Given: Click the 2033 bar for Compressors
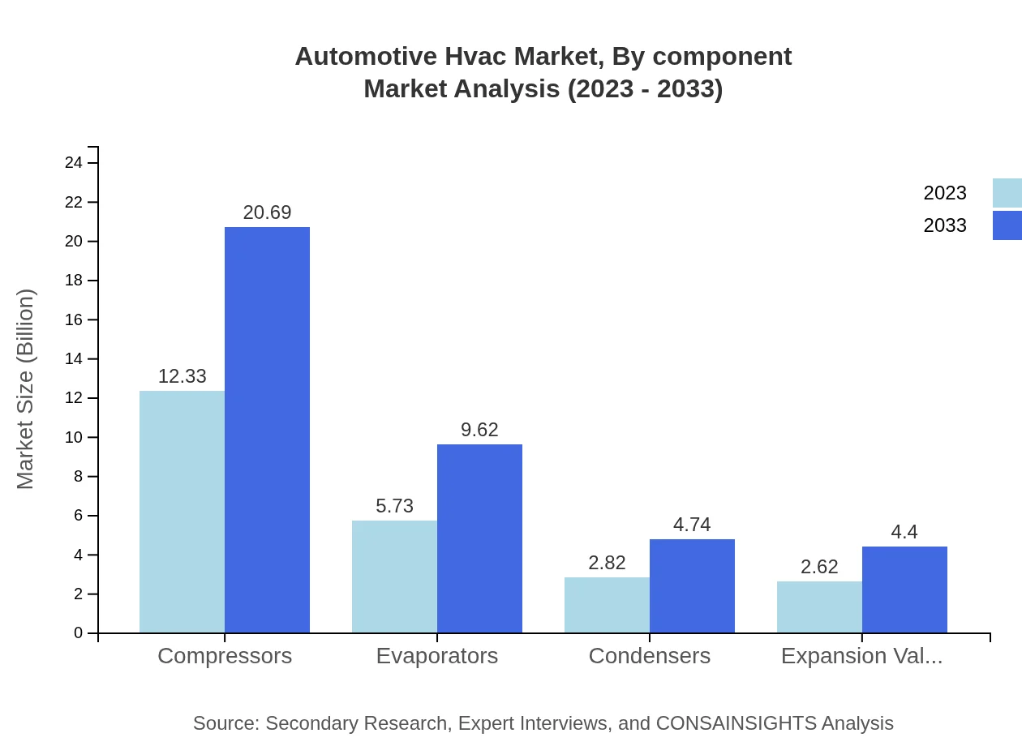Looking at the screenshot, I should (x=267, y=430).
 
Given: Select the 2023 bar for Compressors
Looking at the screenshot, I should (x=182, y=512).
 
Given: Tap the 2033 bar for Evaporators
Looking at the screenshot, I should (x=479, y=538).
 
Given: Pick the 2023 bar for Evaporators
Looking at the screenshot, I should (x=394, y=577).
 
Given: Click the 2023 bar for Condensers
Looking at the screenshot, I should (x=607, y=605).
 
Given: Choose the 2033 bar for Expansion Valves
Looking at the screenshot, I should (x=904, y=590).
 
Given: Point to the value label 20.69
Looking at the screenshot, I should (x=267, y=212).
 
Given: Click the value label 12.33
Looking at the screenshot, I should (x=182, y=376).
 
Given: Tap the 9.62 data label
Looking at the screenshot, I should (x=479, y=430).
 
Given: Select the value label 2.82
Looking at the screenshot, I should (x=607, y=563).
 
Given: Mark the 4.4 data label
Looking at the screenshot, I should (x=904, y=532).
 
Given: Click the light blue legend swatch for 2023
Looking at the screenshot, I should (x=1007, y=193).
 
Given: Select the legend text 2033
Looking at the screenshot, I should (x=945, y=225).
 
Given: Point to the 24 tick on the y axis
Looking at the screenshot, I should (x=74, y=163).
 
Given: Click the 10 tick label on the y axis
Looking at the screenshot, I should (x=74, y=437).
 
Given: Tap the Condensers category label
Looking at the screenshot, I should (x=649, y=655).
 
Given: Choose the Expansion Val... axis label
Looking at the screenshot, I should (x=861, y=655).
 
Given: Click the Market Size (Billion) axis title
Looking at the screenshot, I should (x=26, y=389).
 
